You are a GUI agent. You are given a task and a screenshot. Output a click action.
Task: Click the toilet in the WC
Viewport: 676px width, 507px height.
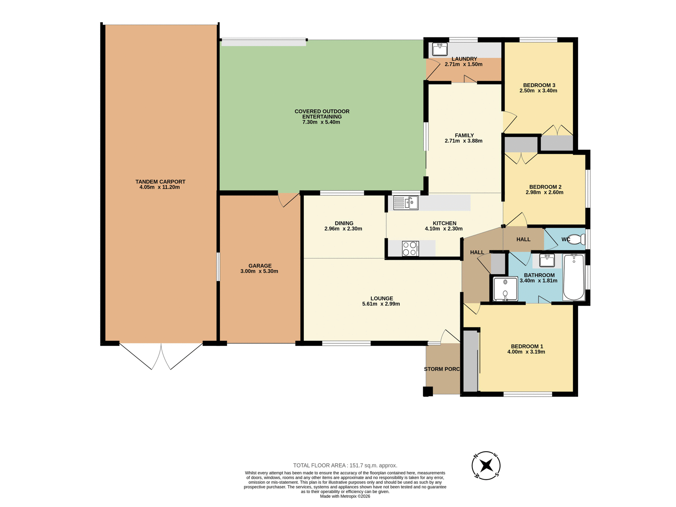click(576, 239)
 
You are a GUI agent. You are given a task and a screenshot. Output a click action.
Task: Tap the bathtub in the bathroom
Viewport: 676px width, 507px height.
click(574, 277)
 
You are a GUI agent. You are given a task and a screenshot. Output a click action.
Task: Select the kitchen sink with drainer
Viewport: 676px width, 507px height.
click(406, 203)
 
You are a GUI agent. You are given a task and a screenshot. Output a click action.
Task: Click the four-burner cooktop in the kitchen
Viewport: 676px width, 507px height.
click(410, 248)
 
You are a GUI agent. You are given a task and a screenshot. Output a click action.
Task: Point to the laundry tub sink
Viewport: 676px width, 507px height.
click(439, 49)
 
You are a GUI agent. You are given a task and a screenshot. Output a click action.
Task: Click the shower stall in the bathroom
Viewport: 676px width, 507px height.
click(505, 289)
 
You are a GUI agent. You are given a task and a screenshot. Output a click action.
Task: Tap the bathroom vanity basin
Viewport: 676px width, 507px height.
click(547, 261)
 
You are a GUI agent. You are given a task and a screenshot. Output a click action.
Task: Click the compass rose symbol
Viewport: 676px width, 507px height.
click(486, 465)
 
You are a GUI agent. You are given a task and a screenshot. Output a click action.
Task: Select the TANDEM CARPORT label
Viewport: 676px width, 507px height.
click(160, 182)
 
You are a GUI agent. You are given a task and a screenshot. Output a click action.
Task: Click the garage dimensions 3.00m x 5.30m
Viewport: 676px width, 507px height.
click(259, 271)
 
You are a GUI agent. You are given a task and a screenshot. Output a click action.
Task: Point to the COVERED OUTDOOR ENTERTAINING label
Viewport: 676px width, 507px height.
click(322, 114)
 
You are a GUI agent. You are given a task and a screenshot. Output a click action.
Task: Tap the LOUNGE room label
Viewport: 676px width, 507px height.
click(382, 298)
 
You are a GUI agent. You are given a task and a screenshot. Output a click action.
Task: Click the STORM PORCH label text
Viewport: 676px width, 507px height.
click(442, 369)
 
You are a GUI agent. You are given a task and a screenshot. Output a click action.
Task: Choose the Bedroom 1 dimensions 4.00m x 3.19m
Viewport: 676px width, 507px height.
click(526, 352)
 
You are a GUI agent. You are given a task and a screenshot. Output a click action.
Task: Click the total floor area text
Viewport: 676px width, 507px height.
click(345, 465)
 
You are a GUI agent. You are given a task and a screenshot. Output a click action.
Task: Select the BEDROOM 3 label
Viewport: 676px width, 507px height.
click(539, 85)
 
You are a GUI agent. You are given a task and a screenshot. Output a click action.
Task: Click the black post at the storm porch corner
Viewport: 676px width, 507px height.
click(428, 392)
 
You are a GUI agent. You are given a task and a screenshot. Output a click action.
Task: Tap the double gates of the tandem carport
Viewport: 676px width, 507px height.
click(161, 356)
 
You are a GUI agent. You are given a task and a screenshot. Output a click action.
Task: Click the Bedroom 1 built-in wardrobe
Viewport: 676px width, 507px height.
click(470, 361)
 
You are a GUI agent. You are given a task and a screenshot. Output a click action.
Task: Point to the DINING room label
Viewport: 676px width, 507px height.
click(344, 223)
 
